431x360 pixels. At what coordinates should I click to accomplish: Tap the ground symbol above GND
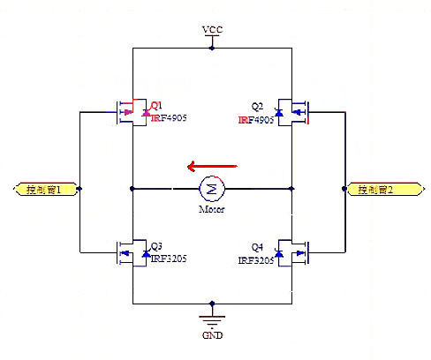click(210, 319)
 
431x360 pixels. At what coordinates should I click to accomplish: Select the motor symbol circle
click(212, 188)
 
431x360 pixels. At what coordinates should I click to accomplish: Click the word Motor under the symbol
click(212, 209)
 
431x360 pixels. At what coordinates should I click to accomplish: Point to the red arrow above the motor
click(212, 165)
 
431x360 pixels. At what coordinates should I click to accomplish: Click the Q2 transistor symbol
click(293, 112)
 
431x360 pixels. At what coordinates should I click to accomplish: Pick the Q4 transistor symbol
click(293, 253)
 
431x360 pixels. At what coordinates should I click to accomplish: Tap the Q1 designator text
click(157, 104)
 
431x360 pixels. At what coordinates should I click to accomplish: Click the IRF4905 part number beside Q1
click(170, 116)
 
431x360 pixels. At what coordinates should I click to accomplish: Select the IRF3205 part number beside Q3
click(170, 259)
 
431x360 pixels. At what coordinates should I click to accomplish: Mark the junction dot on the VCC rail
click(212, 48)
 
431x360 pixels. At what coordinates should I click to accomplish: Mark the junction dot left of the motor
click(132, 188)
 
